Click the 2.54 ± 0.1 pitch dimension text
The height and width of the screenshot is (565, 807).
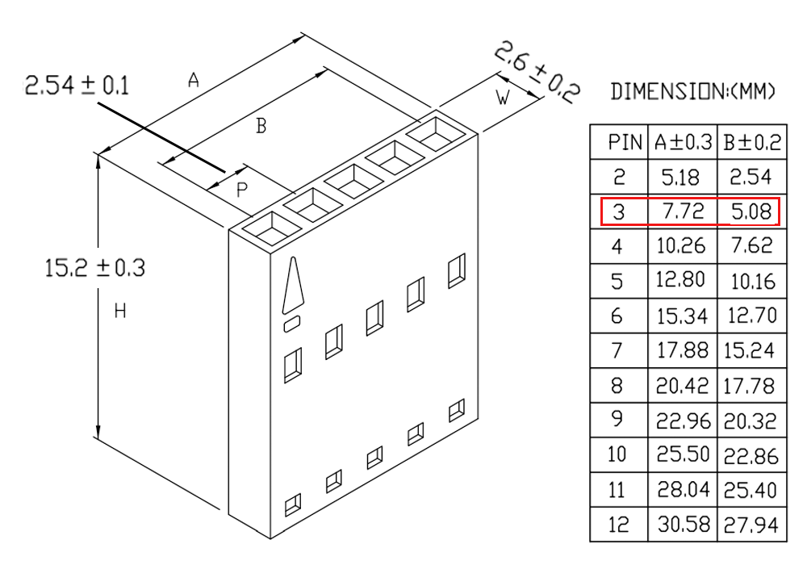(77, 86)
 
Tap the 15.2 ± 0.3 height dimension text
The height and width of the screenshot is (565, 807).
(95, 268)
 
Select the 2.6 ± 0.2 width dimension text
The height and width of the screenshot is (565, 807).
(537, 72)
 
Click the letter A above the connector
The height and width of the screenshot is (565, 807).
(193, 80)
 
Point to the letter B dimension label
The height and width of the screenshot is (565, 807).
(261, 126)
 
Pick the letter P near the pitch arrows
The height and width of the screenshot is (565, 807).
(241, 190)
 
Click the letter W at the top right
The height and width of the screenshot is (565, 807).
(503, 97)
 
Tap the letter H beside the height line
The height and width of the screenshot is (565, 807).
(120, 311)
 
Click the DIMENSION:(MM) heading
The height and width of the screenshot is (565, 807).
(692, 91)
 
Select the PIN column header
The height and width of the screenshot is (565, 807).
(625, 142)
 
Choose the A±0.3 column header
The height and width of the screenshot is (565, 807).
(683, 142)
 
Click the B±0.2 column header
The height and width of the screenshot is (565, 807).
(752, 143)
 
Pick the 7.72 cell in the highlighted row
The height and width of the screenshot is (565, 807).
(683, 211)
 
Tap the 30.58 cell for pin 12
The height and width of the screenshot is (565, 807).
(684, 525)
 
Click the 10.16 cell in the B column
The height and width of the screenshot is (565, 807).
(753, 282)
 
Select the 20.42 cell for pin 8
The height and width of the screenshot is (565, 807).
(683, 386)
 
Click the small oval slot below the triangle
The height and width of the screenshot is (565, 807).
(292, 324)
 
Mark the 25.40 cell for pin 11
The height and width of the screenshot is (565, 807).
(751, 490)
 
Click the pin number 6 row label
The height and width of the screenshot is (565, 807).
(617, 316)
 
